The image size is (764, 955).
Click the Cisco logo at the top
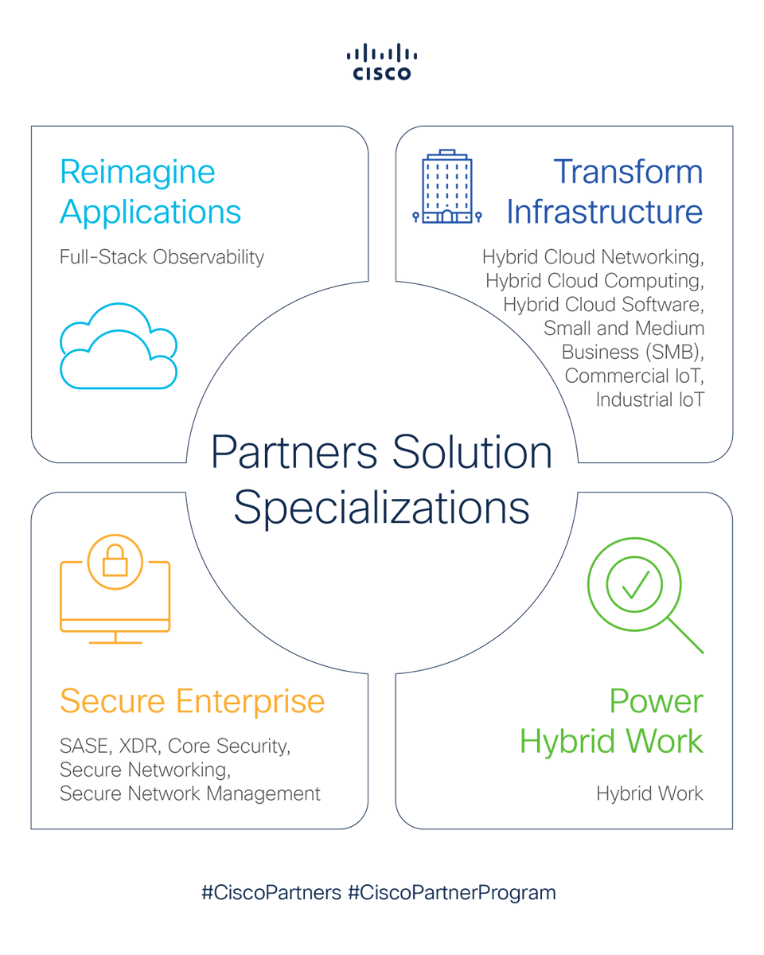click(x=382, y=61)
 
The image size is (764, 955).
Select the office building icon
click(x=446, y=187)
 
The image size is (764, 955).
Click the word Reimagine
click(x=137, y=172)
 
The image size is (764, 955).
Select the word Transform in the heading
click(x=628, y=172)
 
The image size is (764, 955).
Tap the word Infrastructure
click(x=605, y=212)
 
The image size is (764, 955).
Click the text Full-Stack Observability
click(x=162, y=257)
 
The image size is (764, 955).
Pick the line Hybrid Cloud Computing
click(x=594, y=281)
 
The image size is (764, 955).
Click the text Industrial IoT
click(x=649, y=399)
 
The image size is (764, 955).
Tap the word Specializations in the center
click(x=382, y=507)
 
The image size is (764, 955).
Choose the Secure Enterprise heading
click(x=192, y=701)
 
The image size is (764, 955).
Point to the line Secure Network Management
click(x=190, y=793)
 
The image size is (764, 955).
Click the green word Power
click(x=657, y=701)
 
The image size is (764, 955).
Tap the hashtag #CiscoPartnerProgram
click(x=452, y=892)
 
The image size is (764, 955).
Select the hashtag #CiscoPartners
click(x=271, y=892)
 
